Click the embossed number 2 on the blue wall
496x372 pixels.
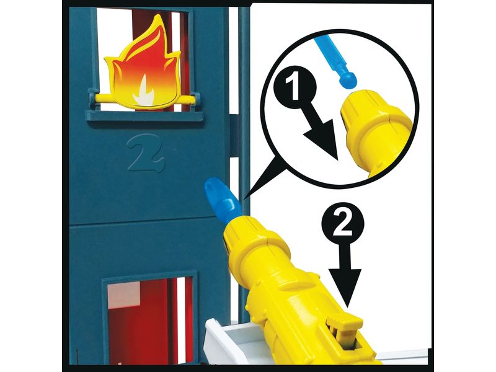(146, 153)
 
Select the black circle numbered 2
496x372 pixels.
(343, 223)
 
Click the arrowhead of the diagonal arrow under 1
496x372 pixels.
(324, 143)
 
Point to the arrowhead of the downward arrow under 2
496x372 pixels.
(345, 287)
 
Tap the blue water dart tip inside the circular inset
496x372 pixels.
(348, 80)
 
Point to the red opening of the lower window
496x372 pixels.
(149, 319)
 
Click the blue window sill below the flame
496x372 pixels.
(144, 116)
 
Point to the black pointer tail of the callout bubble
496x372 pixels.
(262, 180)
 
